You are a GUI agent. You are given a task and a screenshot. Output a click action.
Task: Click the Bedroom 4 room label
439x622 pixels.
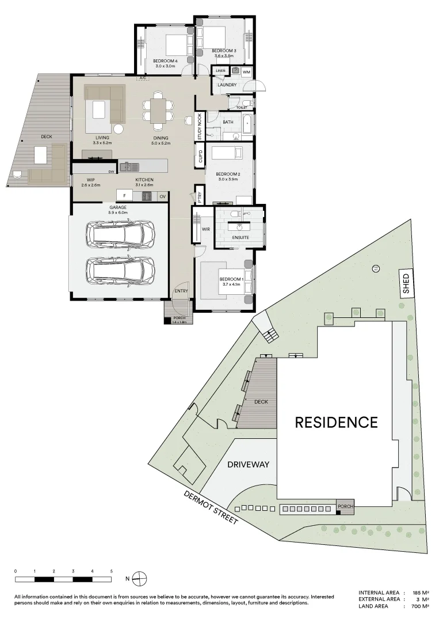coord(164,61)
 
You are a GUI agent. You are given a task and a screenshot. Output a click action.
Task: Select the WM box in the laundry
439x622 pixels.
coord(246,71)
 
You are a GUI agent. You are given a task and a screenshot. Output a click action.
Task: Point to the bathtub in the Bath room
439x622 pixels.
coord(247,124)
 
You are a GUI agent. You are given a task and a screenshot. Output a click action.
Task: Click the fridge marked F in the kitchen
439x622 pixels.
coord(124,196)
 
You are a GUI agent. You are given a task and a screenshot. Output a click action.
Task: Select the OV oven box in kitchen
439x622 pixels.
coord(162,196)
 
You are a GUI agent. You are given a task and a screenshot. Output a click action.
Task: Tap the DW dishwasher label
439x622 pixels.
coord(111,171)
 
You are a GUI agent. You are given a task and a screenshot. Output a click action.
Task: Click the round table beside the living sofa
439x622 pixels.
coord(119,130)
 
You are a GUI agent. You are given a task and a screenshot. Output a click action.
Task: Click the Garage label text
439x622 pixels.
coord(117,207)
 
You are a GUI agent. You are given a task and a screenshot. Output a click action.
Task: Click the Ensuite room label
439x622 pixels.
coord(241,237)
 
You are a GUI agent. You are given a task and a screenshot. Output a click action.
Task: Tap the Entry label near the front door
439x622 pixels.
coord(181,291)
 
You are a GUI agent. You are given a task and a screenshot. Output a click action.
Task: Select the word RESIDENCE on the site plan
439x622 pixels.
coord(336,422)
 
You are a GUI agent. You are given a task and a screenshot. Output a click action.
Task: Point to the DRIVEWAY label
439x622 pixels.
coord(248,464)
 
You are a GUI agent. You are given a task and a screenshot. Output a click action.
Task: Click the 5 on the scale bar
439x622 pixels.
coord(111,571)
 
